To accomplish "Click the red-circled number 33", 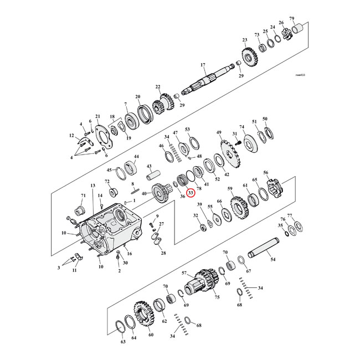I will point(191,193).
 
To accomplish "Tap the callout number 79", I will point(307,19).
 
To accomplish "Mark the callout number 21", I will point(97,116).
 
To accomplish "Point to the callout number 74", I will point(241,127).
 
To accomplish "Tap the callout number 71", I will point(83,196).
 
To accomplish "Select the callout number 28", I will point(163,253).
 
